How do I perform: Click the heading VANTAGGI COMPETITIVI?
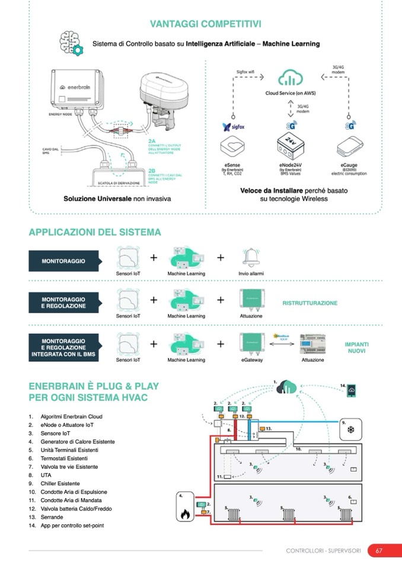(x=206, y=24)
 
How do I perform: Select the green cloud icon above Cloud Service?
(x=290, y=78)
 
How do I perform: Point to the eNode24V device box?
(x=290, y=146)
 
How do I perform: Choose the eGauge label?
(x=349, y=166)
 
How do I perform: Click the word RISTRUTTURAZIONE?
(x=310, y=303)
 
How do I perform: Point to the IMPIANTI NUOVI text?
(x=356, y=347)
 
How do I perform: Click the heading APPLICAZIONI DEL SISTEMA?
(x=95, y=232)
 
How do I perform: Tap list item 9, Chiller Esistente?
(x=60, y=483)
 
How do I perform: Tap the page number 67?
(x=378, y=551)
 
